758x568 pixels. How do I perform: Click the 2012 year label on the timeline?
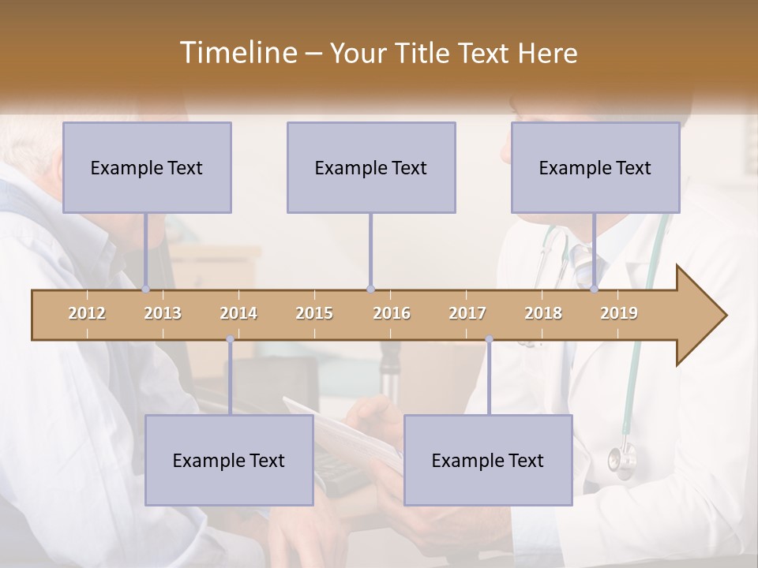pos(87,313)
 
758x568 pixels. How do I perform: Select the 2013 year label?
pos(163,313)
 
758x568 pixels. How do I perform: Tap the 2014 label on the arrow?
pos(238,313)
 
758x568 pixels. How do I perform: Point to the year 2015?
pos(314,313)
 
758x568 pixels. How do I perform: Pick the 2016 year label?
pos(392,313)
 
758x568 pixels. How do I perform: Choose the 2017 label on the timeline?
pos(467,313)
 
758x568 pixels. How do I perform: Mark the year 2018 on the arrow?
pos(543,313)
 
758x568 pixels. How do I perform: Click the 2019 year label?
pos(619,313)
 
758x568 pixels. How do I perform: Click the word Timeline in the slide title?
pos(237,53)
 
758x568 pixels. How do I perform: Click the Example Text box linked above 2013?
pos(147,167)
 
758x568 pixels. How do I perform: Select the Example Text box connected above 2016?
pos(371,167)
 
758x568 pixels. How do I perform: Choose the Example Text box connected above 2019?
pos(595,167)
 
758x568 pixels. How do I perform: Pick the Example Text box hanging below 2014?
pos(229,460)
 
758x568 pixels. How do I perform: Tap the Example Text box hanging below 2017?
pos(488,460)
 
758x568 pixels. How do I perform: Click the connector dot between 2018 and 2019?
pos(595,289)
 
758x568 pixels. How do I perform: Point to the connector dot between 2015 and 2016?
pos(370,289)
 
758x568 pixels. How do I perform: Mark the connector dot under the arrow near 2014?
pos(230,339)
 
